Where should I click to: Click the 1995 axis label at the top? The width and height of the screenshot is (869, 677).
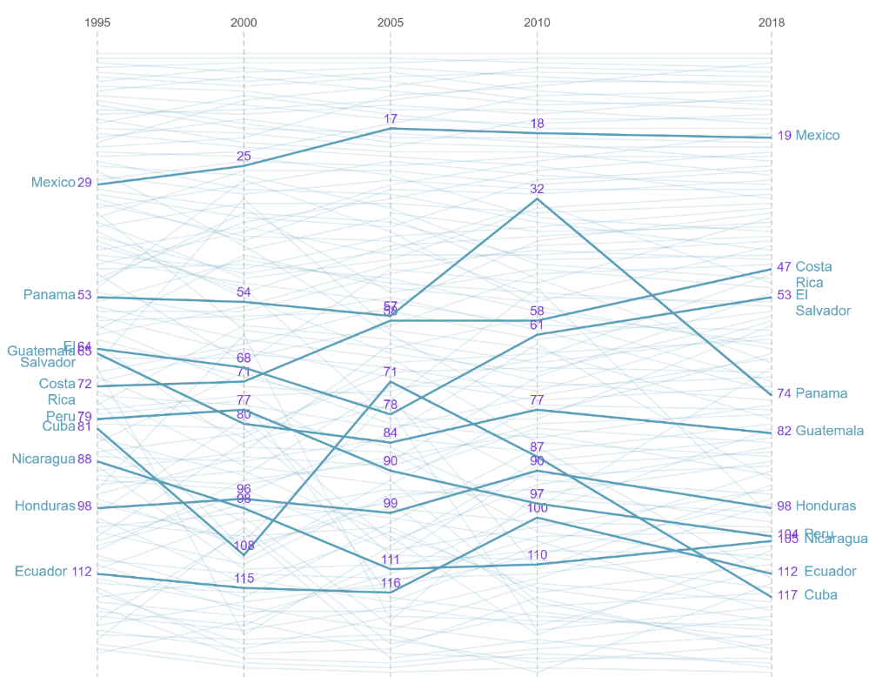(x=97, y=23)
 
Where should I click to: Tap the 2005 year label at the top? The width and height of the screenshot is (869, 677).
(x=390, y=23)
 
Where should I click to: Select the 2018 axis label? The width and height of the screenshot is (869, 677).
(x=771, y=23)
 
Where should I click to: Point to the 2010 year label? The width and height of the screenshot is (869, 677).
(x=537, y=23)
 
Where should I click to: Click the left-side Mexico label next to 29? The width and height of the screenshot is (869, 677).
(x=53, y=183)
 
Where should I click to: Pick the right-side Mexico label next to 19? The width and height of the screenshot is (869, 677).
(x=818, y=136)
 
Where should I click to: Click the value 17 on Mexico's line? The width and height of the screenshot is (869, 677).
(x=391, y=118)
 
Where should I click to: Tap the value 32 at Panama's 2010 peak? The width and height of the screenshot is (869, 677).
(x=537, y=189)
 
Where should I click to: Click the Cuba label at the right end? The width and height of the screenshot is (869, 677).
(x=820, y=595)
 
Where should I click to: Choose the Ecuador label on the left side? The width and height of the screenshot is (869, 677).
(x=41, y=572)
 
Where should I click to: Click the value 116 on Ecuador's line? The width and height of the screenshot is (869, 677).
(x=391, y=583)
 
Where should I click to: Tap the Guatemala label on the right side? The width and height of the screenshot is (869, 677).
(x=829, y=431)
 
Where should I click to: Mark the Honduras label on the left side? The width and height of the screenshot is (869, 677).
(x=44, y=506)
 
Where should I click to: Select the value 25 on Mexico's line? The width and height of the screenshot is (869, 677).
(x=244, y=157)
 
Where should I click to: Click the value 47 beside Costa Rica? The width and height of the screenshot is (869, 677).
(x=784, y=267)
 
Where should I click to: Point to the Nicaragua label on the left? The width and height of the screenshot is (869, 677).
(x=43, y=459)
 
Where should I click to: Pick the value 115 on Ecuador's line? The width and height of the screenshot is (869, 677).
(x=244, y=579)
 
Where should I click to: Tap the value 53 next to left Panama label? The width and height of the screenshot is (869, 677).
(x=84, y=295)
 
